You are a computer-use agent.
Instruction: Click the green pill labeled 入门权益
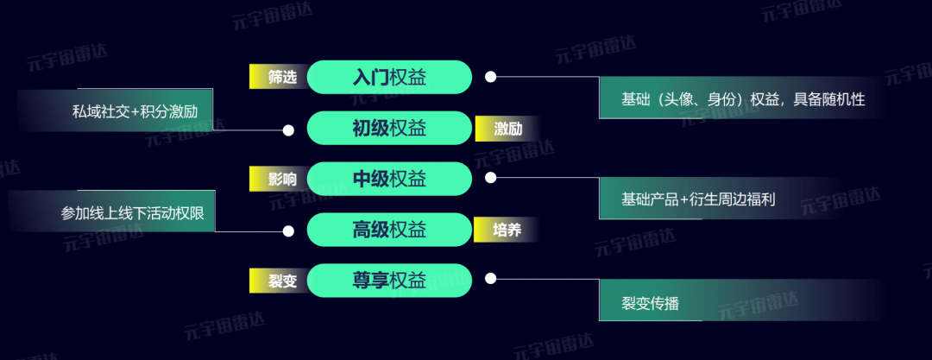pos(389,77)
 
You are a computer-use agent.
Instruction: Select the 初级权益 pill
pos(389,129)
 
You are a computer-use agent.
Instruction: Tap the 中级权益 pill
pos(389,179)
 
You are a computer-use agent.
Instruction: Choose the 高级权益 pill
pos(389,230)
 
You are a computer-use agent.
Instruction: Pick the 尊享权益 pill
pos(389,280)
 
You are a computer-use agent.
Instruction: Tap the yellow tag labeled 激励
pos(505,129)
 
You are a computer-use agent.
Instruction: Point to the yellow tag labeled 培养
pos(505,231)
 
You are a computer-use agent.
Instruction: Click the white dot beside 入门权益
pos(490,77)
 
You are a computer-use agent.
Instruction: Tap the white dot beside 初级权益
pos(289,130)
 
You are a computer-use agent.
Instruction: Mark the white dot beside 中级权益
pos(490,178)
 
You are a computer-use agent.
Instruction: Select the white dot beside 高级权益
pos(289,231)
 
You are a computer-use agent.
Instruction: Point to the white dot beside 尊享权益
pos(490,279)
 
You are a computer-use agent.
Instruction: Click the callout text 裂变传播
pos(650,303)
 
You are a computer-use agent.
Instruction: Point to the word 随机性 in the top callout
pos(843,99)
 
